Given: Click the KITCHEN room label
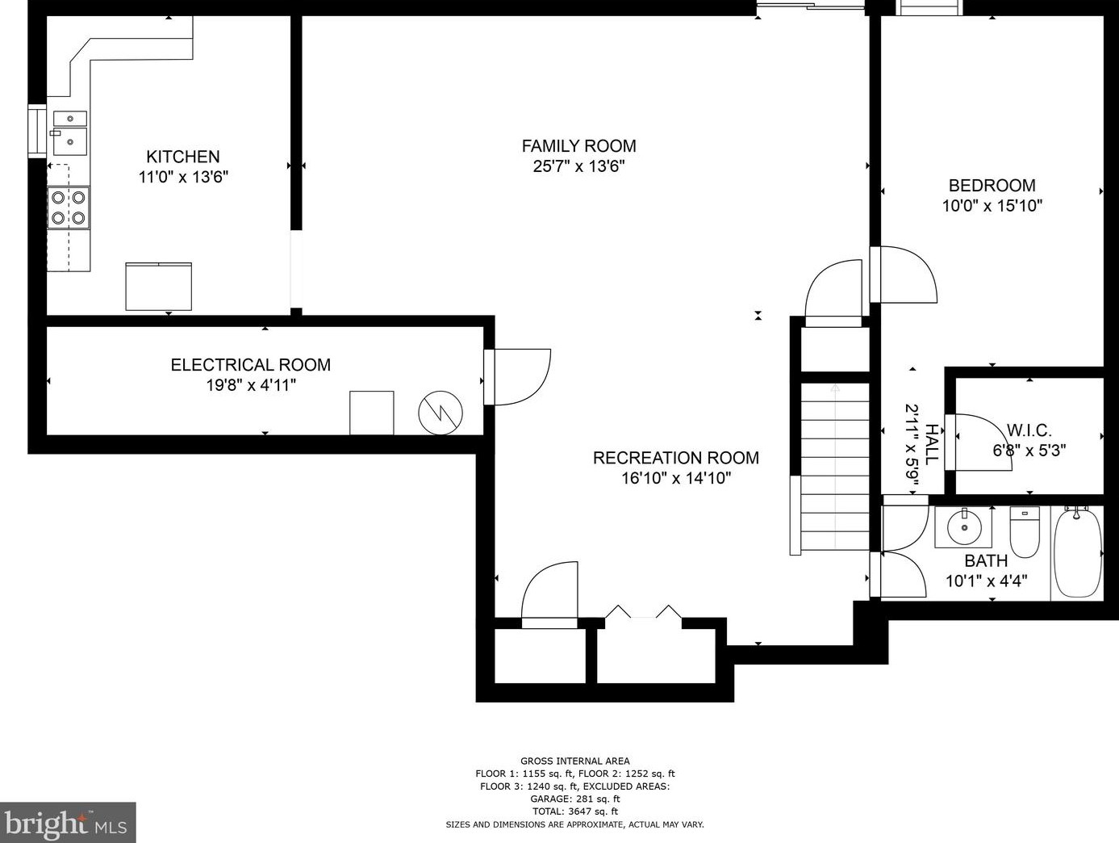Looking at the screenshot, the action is click(x=183, y=157).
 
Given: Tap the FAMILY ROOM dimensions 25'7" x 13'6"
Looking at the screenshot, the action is click(x=578, y=167).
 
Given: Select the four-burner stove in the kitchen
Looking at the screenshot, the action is click(x=69, y=208).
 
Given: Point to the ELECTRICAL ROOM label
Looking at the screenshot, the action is click(x=250, y=365).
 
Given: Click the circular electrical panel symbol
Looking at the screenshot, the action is click(x=441, y=413).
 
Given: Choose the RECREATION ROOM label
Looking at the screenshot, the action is click(x=676, y=458).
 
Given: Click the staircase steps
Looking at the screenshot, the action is click(x=835, y=466).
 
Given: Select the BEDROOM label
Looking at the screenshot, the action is click(x=992, y=185).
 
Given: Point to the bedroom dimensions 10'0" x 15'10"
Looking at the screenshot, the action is click(x=992, y=206).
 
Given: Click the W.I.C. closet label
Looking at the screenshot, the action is click(x=1029, y=430).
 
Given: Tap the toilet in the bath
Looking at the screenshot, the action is click(x=1025, y=531).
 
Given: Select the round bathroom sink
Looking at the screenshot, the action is click(x=964, y=527).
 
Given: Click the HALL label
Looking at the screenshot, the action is click(x=931, y=444).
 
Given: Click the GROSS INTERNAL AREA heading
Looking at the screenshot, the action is click(x=575, y=761).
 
